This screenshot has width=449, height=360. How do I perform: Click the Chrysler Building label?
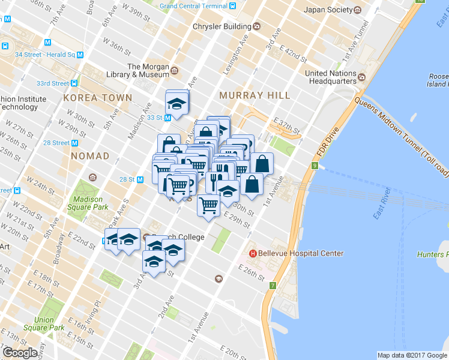pos(221,26)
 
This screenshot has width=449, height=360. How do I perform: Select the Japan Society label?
pos(327,10)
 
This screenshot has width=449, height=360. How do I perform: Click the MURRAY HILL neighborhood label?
pos(255,95)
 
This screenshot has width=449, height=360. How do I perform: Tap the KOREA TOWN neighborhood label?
pos(97,97)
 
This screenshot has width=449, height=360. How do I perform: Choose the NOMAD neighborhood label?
pos(90,156)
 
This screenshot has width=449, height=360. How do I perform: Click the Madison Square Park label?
pos(88,203)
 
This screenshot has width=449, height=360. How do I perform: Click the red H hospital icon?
pos(253,253)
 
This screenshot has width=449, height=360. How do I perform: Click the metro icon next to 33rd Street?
pos(74,83)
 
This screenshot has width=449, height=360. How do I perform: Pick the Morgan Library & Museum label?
pos(148,71)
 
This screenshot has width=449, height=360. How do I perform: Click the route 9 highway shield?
pos(314,166)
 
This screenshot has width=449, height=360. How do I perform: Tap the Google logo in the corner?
pos(20,353)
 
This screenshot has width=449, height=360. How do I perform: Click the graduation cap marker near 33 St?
pos(176,103)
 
